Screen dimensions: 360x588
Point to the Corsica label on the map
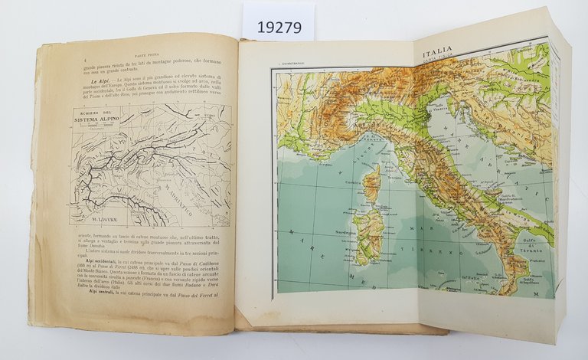point(354,181)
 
